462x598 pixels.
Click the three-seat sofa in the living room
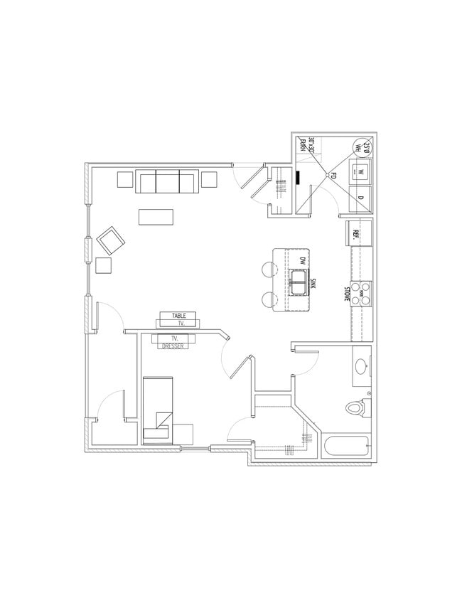(168, 182)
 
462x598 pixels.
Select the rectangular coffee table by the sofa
(156, 216)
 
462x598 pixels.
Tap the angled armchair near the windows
(110, 241)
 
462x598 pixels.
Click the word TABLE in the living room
(178, 315)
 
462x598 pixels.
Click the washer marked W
(360, 171)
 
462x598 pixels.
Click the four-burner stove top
(363, 293)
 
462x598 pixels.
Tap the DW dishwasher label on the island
(301, 262)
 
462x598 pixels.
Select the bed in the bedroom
(157, 411)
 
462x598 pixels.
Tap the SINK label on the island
(313, 284)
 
